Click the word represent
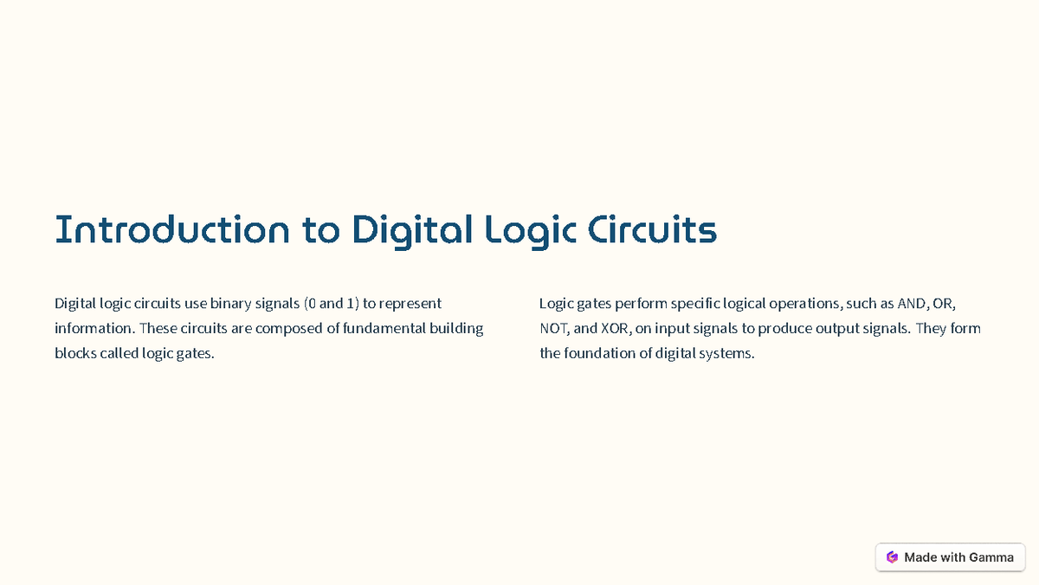410,305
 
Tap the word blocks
74,354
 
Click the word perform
643,304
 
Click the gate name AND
912,304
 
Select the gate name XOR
614,329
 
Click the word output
836,330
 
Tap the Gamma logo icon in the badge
892,557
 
